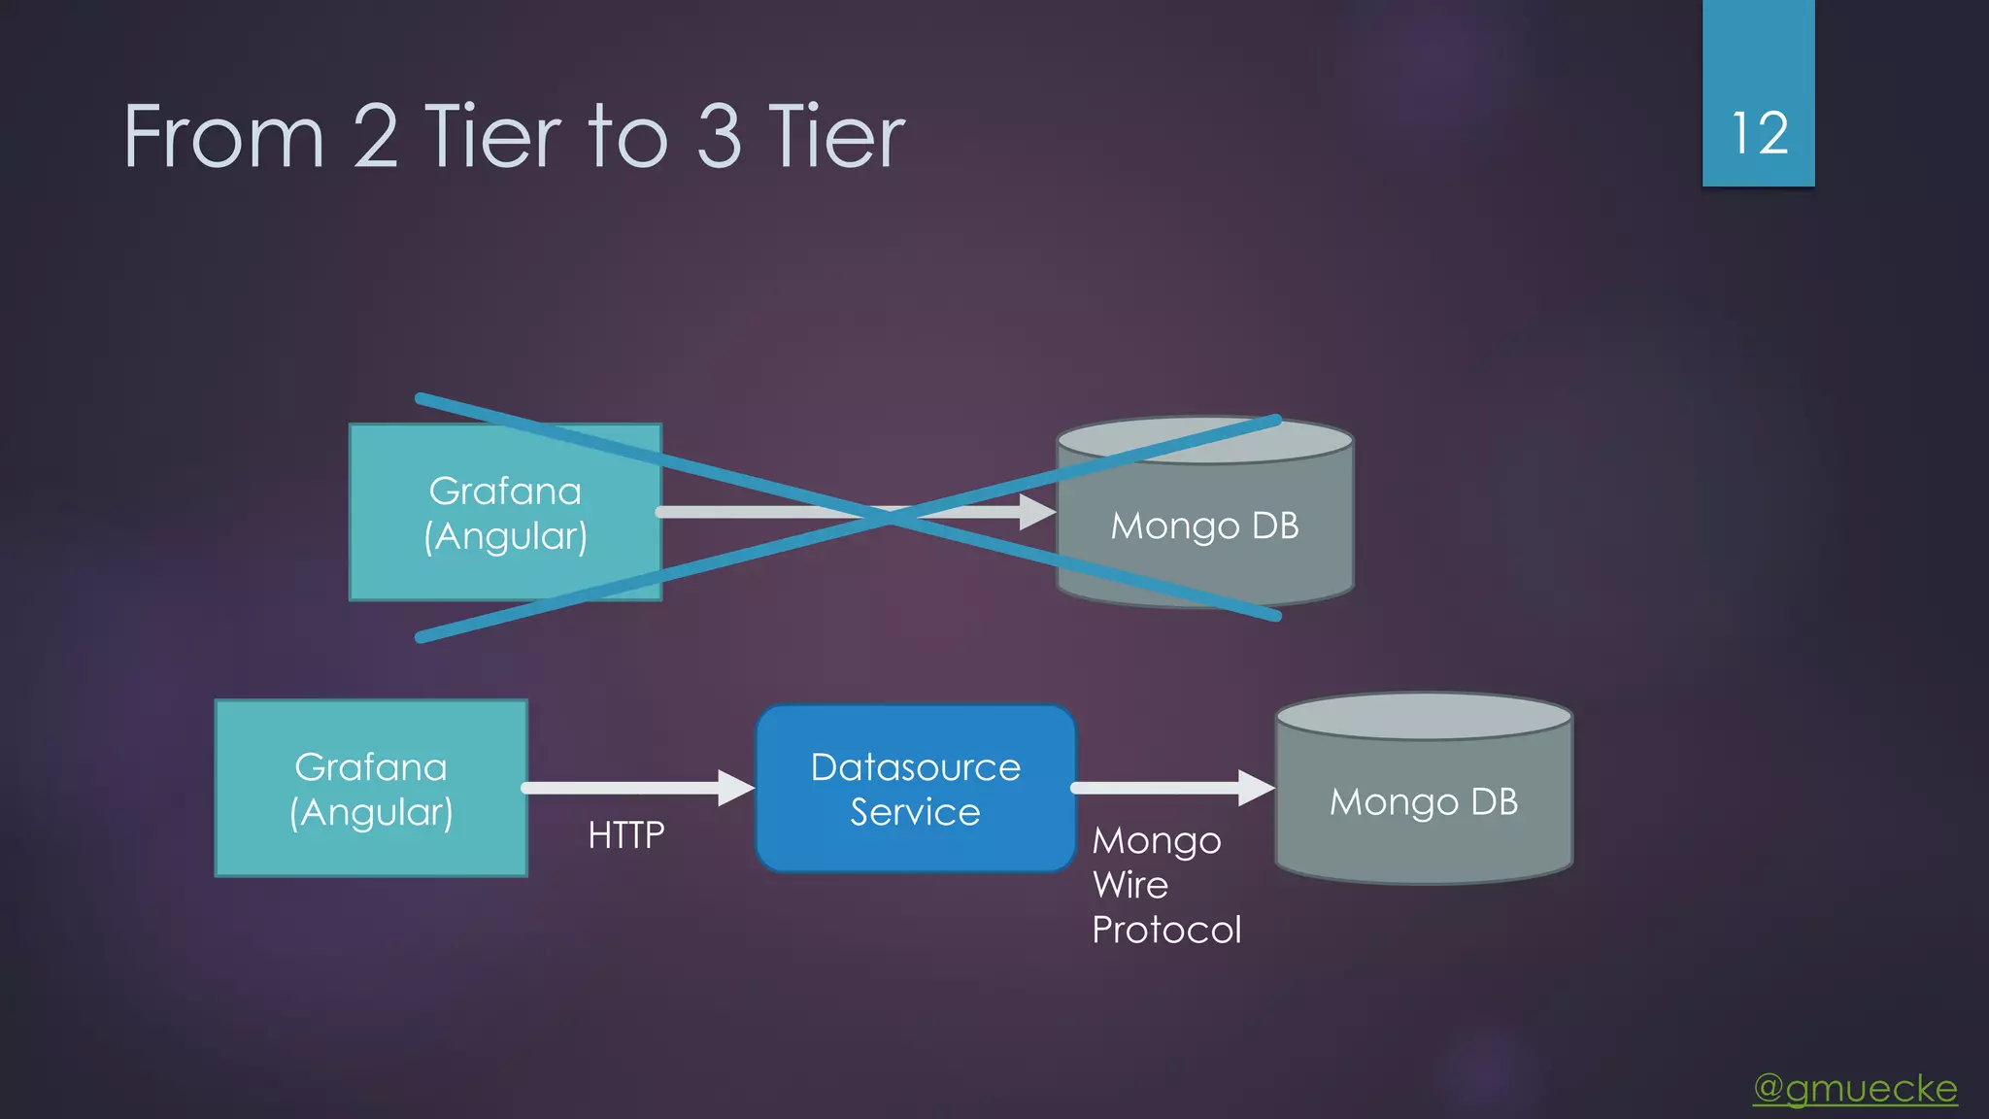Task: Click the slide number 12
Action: pyautogui.click(x=1759, y=133)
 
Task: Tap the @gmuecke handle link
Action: pyautogui.click(x=1855, y=1088)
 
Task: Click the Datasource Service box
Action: pyautogui.click(x=915, y=789)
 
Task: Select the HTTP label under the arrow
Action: pyautogui.click(x=626, y=835)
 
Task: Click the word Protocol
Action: pyautogui.click(x=1166, y=931)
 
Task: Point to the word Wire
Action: pyautogui.click(x=1130, y=885)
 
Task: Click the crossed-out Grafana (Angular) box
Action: pyautogui.click(x=505, y=512)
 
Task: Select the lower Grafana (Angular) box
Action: pyautogui.click(x=371, y=789)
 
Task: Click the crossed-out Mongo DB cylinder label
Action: pyautogui.click(x=1204, y=526)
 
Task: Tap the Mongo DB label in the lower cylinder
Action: pyautogui.click(x=1423, y=802)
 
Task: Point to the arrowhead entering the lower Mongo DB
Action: pyautogui.click(x=1257, y=788)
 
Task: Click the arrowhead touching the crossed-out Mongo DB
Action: pyautogui.click(x=1038, y=512)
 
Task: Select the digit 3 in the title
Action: pyautogui.click(x=719, y=137)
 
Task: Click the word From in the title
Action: pyautogui.click(x=223, y=137)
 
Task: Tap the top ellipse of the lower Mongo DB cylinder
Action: pyautogui.click(x=1423, y=717)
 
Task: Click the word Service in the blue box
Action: pyautogui.click(x=915, y=812)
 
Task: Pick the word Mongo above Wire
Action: pyautogui.click(x=1157, y=840)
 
